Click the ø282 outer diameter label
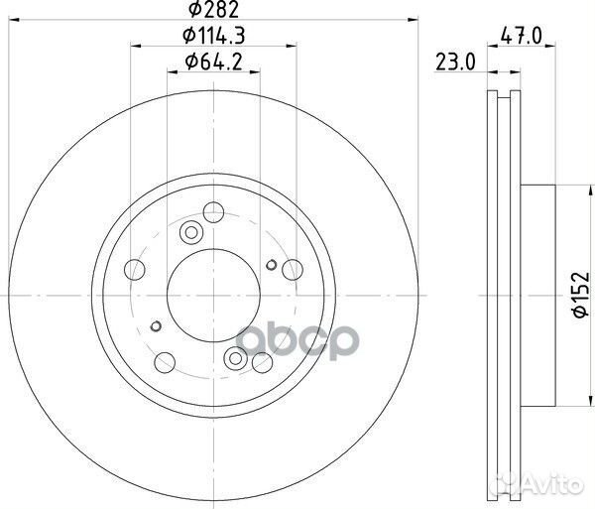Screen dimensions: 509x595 coord(214,13)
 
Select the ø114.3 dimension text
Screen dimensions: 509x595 coord(214,39)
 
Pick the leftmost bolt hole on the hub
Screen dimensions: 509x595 coord(134,268)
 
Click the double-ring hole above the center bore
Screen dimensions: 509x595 coord(191,232)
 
